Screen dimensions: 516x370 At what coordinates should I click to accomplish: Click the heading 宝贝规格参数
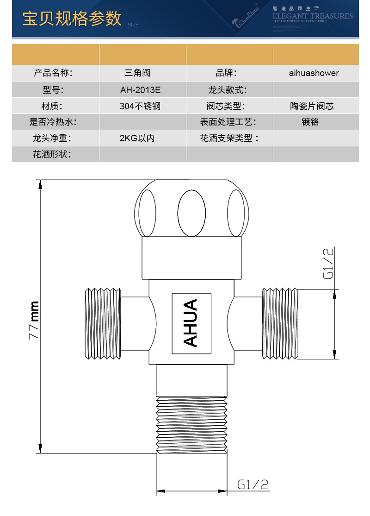click(72, 19)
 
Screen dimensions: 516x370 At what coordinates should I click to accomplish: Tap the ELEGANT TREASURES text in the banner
click(313, 16)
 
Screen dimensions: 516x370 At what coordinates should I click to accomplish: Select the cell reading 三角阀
click(137, 73)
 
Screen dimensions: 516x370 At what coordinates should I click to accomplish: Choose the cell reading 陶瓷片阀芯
click(312, 106)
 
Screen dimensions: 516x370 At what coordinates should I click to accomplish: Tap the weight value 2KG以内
click(137, 138)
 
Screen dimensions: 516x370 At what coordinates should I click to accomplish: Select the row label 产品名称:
click(53, 73)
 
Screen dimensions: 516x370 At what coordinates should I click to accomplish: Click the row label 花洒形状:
click(51, 154)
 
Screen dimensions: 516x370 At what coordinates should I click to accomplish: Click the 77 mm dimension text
click(34, 321)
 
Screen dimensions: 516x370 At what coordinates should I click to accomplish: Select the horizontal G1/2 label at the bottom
click(253, 485)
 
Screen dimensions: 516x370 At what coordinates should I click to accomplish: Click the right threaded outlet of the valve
click(279, 323)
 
